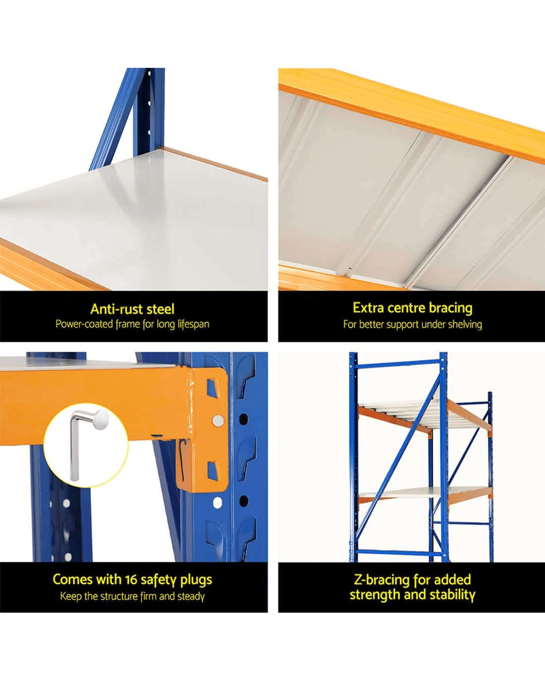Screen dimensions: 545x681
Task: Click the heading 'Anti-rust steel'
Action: click(x=132, y=309)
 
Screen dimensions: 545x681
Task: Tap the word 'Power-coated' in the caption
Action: click(x=84, y=324)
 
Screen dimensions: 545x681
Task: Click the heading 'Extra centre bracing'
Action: click(x=412, y=308)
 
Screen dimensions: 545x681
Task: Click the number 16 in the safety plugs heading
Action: click(x=131, y=579)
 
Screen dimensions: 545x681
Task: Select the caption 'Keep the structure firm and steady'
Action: click(x=132, y=596)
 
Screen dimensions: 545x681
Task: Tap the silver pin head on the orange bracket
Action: click(x=218, y=420)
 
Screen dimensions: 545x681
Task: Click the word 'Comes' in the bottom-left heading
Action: click(x=72, y=579)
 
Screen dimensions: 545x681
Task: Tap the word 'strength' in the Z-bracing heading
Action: click(x=375, y=595)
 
